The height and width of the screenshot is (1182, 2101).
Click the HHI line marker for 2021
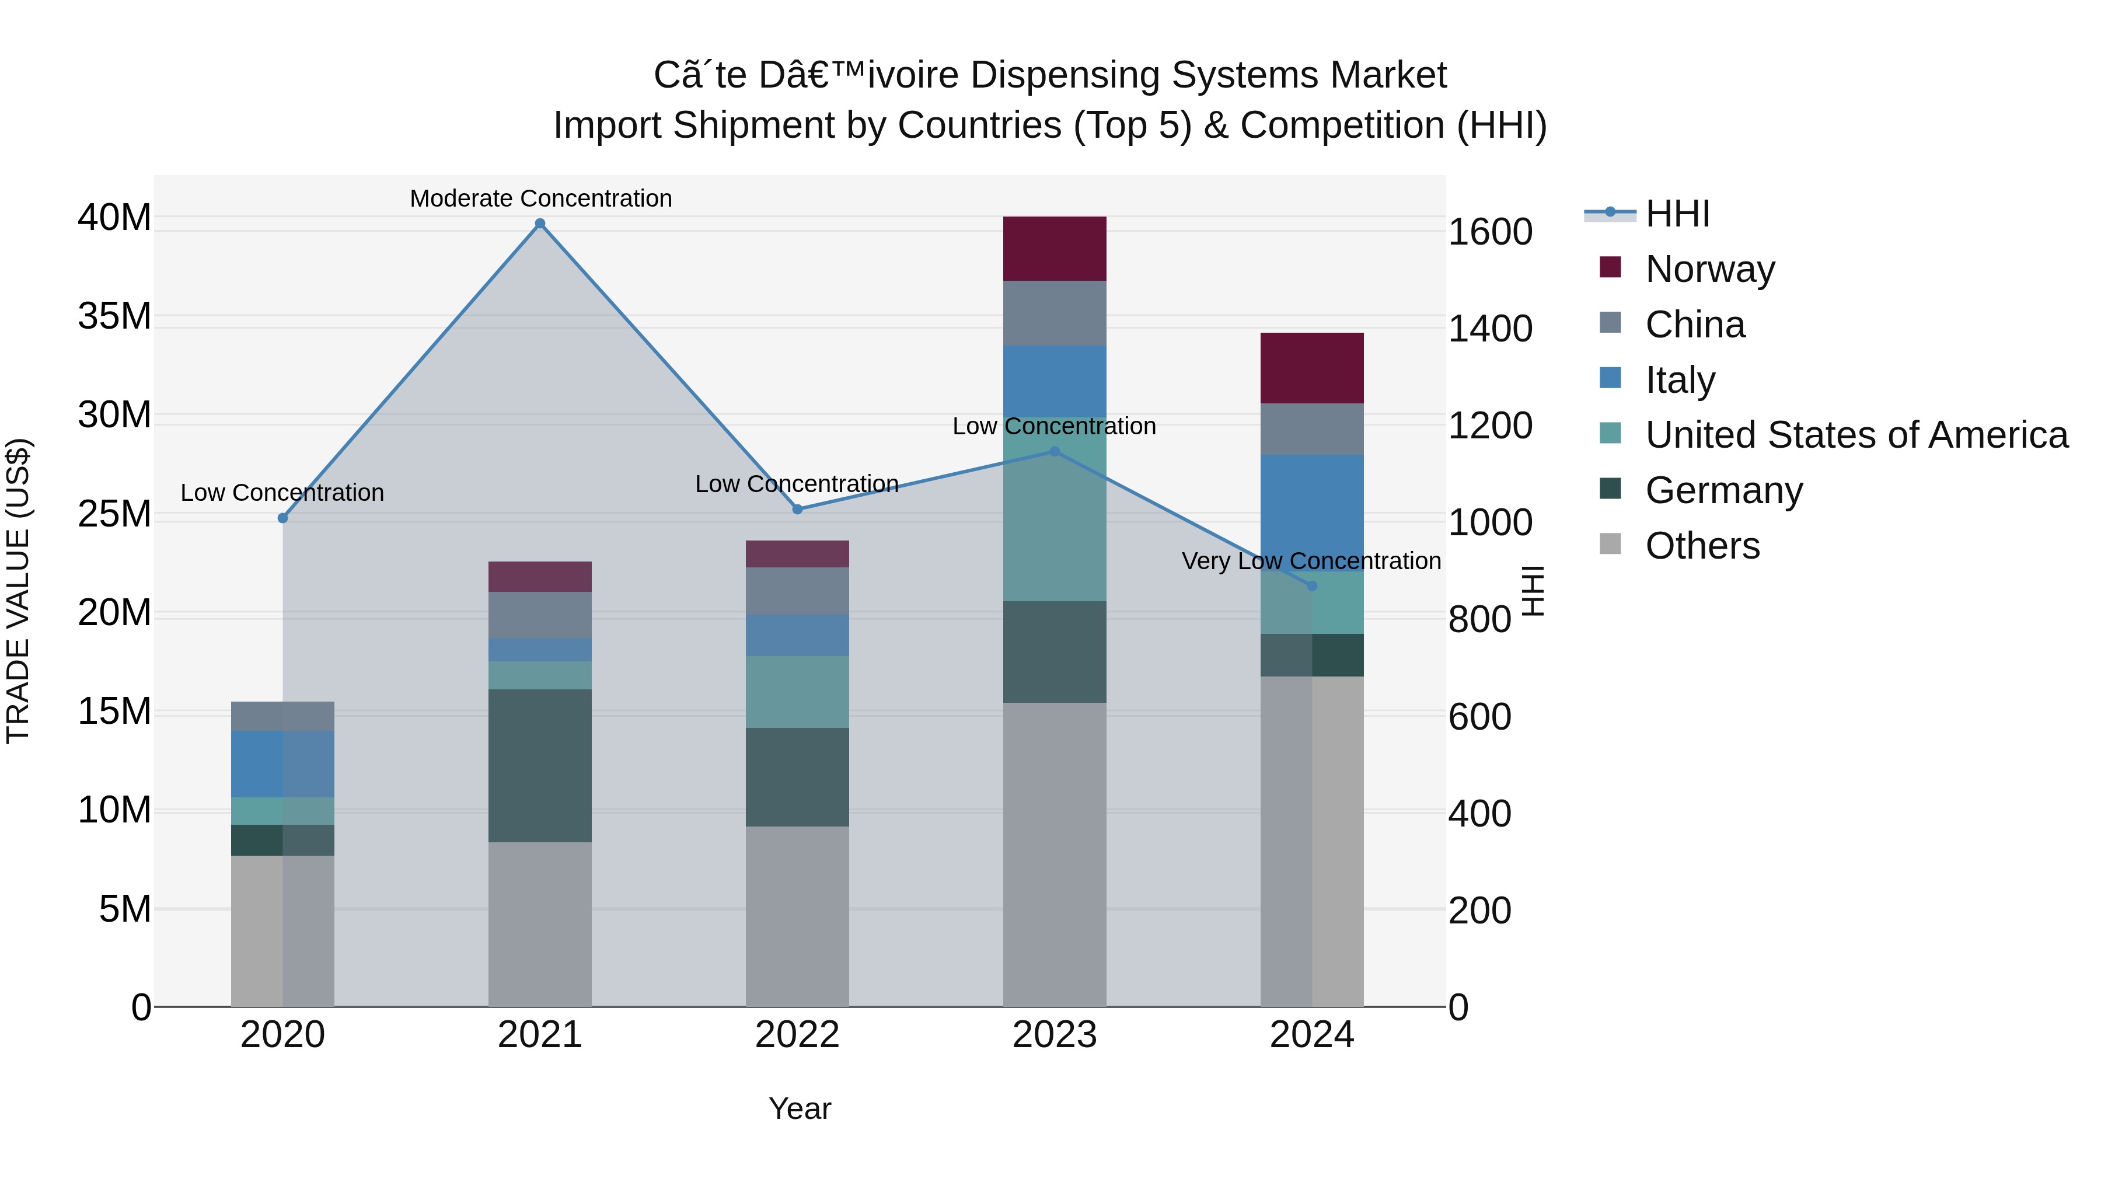pyautogui.click(x=540, y=224)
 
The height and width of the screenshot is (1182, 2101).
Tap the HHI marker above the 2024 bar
pyautogui.click(x=1311, y=585)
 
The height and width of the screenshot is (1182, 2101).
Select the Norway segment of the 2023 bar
pyautogui.click(x=1054, y=249)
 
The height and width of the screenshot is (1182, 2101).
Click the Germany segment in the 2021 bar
pyautogui.click(x=540, y=765)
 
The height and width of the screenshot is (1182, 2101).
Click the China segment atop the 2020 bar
pyautogui.click(x=282, y=716)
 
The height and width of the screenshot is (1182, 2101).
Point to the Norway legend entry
pyautogui.click(x=1709, y=269)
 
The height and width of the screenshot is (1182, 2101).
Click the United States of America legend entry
pyautogui.click(x=1855, y=435)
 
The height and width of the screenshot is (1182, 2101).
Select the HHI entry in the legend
pyautogui.click(x=1677, y=214)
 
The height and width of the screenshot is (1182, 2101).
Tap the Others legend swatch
pyautogui.click(x=1610, y=544)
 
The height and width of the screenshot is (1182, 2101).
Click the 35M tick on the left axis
pyautogui.click(x=114, y=316)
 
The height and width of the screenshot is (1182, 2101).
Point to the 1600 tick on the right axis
pyautogui.click(x=1489, y=232)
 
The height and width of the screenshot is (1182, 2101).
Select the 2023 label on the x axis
pyautogui.click(x=1054, y=1035)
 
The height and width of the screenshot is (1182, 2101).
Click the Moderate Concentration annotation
pyautogui.click(x=541, y=198)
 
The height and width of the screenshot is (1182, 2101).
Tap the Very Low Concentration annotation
pyautogui.click(x=1311, y=561)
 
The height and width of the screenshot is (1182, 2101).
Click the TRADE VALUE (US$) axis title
pyautogui.click(x=18, y=591)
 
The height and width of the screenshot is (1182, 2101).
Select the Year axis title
pyautogui.click(x=800, y=1108)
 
